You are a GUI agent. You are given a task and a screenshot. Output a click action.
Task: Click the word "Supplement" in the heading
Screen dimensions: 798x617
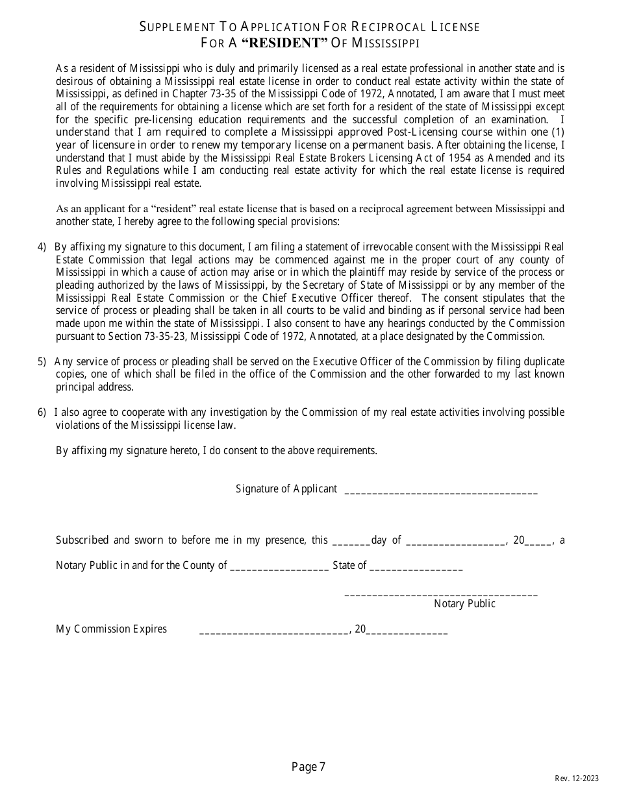177,27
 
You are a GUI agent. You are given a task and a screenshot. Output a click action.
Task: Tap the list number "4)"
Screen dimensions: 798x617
42,247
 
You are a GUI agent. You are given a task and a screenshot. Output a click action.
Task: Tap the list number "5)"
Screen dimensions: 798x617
42,361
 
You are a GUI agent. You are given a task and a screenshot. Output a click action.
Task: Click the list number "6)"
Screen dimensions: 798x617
42,413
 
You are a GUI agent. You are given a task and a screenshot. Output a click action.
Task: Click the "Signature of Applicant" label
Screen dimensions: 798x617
286,489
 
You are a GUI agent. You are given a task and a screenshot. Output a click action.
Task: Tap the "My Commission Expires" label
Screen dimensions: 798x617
111,629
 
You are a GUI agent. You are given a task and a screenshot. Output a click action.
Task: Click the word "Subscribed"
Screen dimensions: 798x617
82,540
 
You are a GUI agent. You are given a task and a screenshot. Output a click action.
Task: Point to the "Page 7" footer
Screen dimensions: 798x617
308,768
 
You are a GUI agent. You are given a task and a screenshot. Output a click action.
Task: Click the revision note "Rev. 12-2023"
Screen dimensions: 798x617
577,779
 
